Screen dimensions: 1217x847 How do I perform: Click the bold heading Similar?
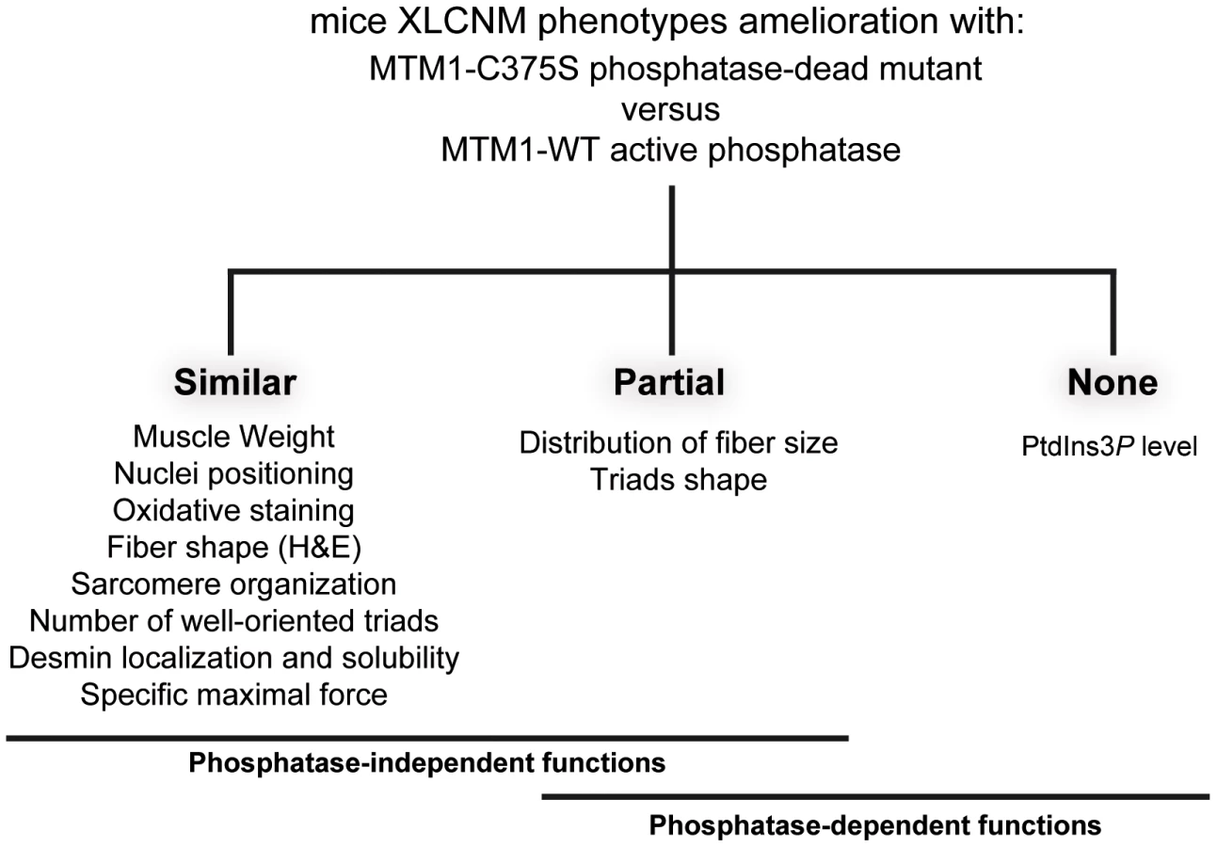(235, 382)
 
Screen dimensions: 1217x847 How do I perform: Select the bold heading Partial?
(669, 382)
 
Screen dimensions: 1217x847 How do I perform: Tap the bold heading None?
(1113, 382)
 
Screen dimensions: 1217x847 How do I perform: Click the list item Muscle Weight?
(233, 438)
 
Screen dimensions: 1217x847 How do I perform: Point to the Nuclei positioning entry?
(233, 474)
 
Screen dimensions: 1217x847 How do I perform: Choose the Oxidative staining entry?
(233, 511)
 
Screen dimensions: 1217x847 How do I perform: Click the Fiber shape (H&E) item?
(234, 548)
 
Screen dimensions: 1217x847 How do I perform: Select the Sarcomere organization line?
(233, 584)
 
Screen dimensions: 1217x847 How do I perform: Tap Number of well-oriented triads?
(233, 621)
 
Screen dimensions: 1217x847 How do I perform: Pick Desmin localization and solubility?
(234, 658)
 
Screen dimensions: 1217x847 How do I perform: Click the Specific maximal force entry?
(234, 695)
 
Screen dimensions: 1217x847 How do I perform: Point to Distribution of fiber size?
(679, 443)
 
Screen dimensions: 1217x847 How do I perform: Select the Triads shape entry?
(679, 480)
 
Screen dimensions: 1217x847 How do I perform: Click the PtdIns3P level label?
(1110, 447)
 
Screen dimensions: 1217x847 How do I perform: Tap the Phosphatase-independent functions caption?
(427, 763)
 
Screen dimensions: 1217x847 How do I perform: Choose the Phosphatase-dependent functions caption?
(875, 825)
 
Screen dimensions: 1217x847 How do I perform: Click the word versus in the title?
(670, 110)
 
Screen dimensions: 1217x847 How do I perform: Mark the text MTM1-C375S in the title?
(474, 69)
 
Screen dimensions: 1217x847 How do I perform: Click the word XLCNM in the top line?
(462, 22)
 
